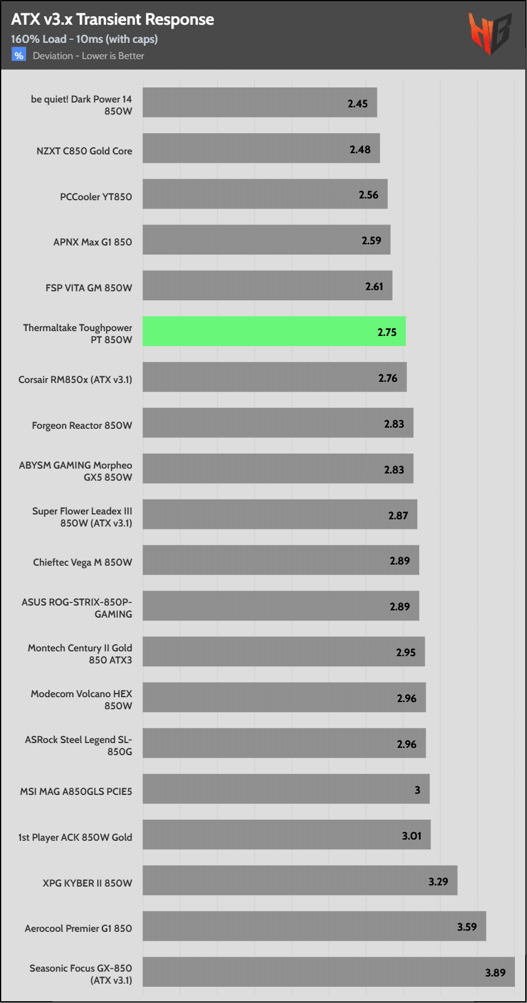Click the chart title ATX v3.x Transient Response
tap(112, 19)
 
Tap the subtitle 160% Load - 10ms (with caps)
tap(84, 39)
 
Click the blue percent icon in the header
tap(19, 55)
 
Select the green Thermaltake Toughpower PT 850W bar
tap(274, 331)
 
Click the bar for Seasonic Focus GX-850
tap(329, 972)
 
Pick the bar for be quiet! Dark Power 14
tap(259, 103)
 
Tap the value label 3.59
tap(467, 927)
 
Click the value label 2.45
tap(358, 104)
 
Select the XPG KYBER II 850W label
tap(87, 883)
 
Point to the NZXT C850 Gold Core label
tap(84, 151)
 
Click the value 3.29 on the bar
tap(438, 882)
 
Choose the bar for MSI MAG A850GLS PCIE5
tap(286, 789)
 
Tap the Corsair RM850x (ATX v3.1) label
tap(75, 379)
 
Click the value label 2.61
tap(374, 286)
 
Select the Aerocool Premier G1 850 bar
tap(314, 926)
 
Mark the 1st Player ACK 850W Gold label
tap(75, 837)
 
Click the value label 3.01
tap(412, 836)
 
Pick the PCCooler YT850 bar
tap(265, 194)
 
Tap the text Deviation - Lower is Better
tap(89, 56)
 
